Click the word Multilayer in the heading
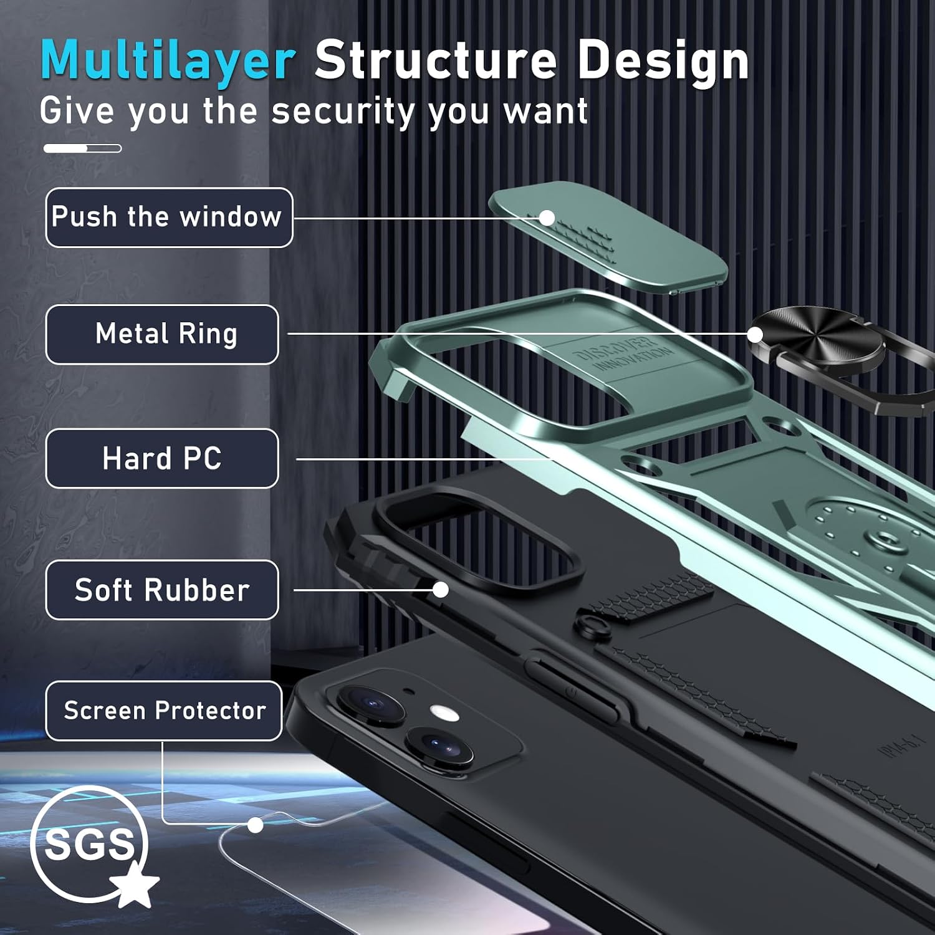point(168,60)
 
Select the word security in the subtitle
point(343,112)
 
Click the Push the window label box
point(169,218)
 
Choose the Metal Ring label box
point(162,335)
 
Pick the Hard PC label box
point(162,459)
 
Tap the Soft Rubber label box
point(162,590)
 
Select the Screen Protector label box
point(164,711)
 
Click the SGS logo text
point(89,845)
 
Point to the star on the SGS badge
point(135,883)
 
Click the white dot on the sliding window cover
point(547,218)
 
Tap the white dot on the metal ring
point(755,335)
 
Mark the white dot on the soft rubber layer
point(441,590)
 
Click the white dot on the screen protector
point(255,825)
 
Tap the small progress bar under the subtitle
point(82,148)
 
